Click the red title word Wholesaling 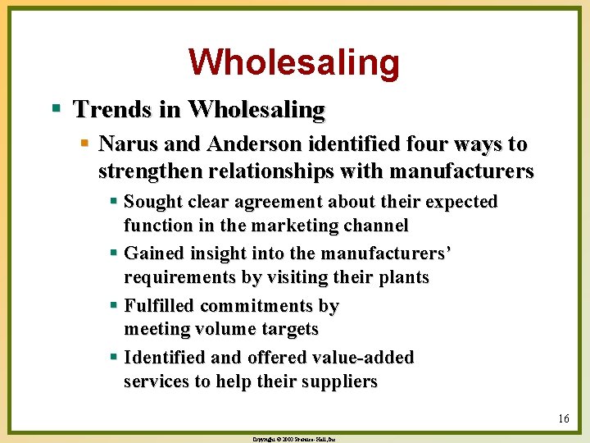click(294, 62)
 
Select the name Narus click(125, 144)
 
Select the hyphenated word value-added click(361, 358)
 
